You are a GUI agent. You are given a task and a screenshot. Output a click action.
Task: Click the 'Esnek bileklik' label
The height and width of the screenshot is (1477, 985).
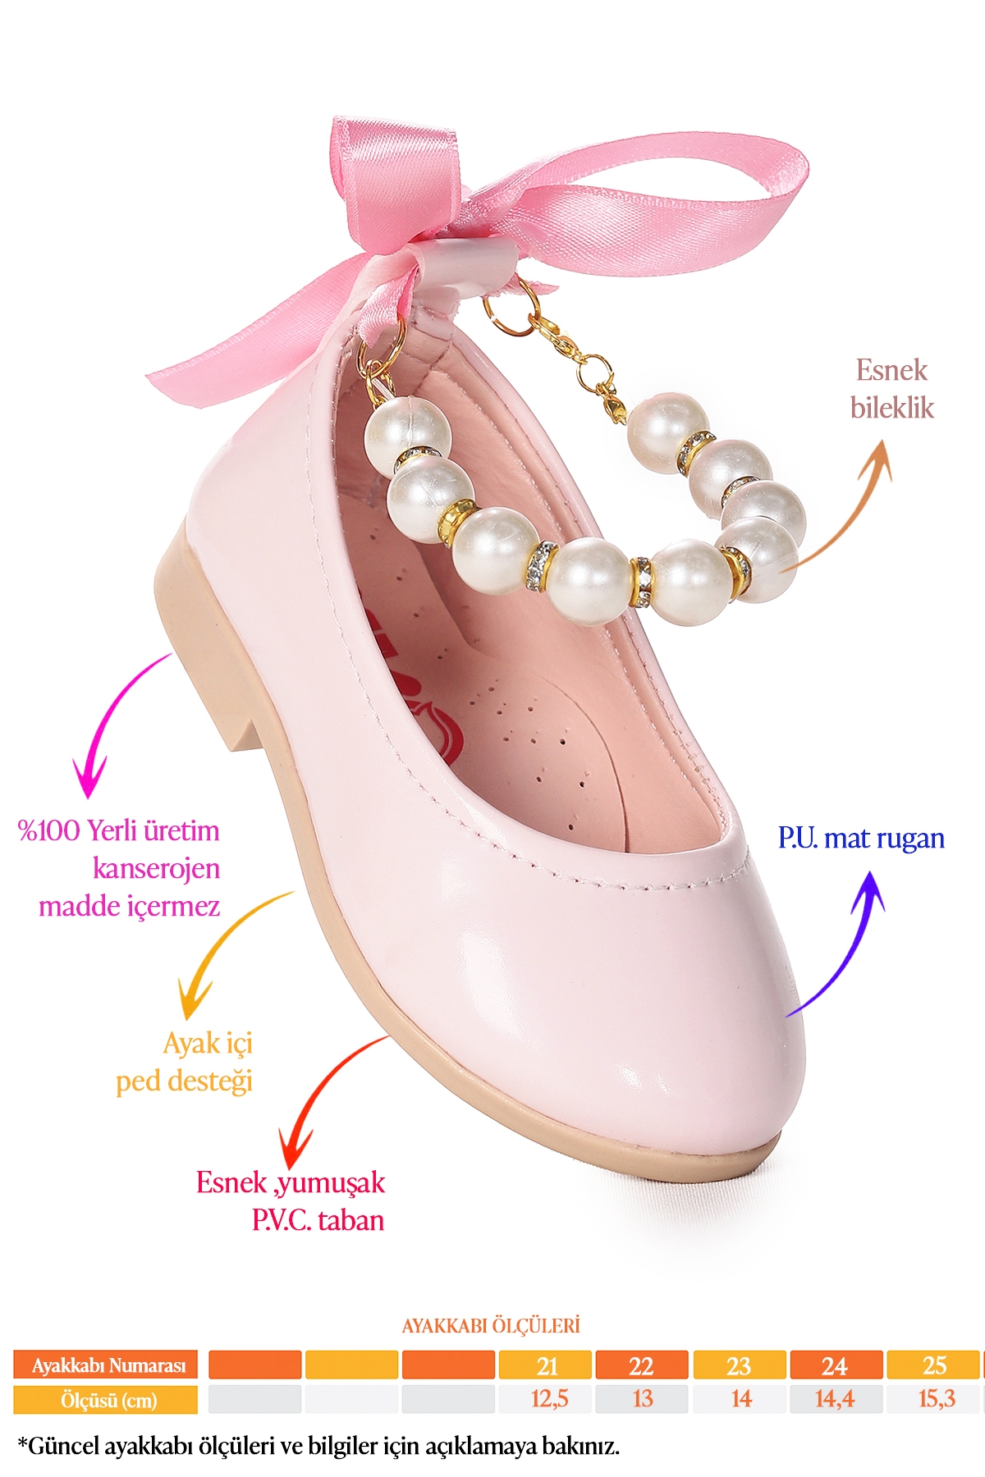(x=891, y=389)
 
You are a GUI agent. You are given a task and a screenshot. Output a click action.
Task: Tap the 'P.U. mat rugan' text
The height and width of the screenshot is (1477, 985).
(x=861, y=838)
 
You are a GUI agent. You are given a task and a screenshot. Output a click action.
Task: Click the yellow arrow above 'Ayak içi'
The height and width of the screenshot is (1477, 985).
(x=222, y=952)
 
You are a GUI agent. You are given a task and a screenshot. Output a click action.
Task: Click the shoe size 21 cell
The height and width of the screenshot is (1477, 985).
(x=547, y=1365)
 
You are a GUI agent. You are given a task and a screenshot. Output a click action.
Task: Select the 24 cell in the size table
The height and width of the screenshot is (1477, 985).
(x=836, y=1365)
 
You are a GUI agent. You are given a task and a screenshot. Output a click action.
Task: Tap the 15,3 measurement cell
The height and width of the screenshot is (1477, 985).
(x=936, y=1398)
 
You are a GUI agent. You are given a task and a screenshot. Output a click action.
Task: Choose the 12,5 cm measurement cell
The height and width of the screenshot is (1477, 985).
(x=548, y=1398)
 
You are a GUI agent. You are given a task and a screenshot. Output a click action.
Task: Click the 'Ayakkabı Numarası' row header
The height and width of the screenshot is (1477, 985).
(x=108, y=1365)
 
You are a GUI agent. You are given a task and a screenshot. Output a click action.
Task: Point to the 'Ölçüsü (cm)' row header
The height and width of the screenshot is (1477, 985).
(x=108, y=1400)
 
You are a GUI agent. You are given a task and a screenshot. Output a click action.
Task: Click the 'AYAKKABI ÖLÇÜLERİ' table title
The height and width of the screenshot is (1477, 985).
(x=491, y=1325)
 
